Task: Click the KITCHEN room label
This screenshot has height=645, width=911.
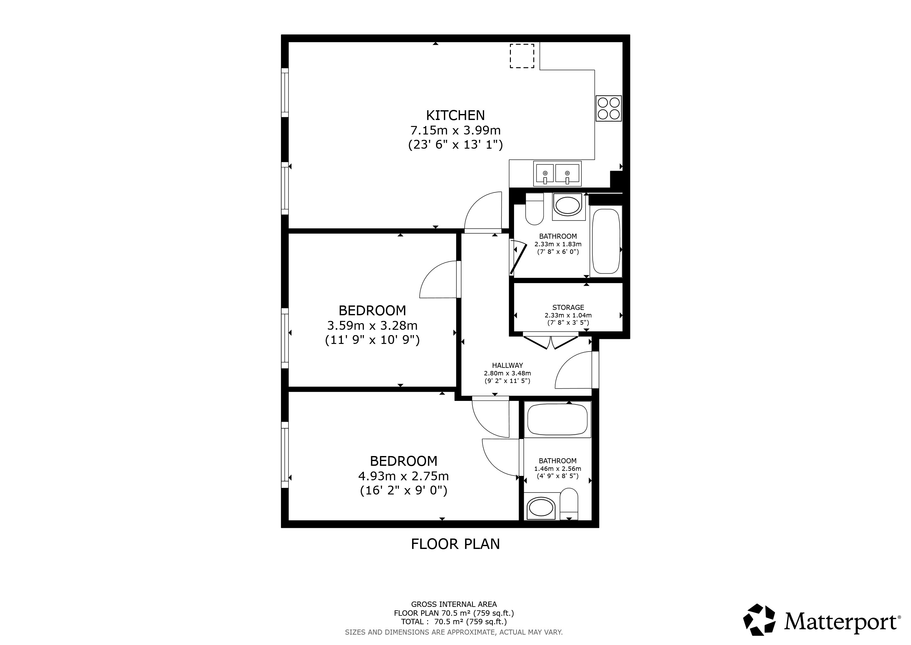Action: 455,115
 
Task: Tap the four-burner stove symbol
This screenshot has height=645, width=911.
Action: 609,108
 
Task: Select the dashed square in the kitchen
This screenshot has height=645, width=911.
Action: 522,56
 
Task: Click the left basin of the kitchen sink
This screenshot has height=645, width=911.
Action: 545,174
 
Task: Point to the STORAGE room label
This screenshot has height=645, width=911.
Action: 568,307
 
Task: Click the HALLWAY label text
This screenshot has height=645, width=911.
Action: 507,365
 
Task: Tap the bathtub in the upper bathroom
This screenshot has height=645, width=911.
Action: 606,242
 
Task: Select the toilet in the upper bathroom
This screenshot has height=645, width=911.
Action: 534,209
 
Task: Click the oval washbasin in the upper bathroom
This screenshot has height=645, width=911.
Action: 568,206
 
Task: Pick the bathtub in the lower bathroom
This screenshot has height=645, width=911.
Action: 557,420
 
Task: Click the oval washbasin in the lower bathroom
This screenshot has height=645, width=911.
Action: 540,508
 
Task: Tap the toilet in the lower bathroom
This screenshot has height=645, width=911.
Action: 569,504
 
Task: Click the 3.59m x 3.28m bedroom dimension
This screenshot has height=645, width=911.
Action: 372,326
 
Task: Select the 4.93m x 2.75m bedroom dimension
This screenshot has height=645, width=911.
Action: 404,476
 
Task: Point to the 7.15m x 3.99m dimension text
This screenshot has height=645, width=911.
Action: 455,130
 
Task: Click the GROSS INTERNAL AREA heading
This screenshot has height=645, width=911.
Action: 454,604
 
